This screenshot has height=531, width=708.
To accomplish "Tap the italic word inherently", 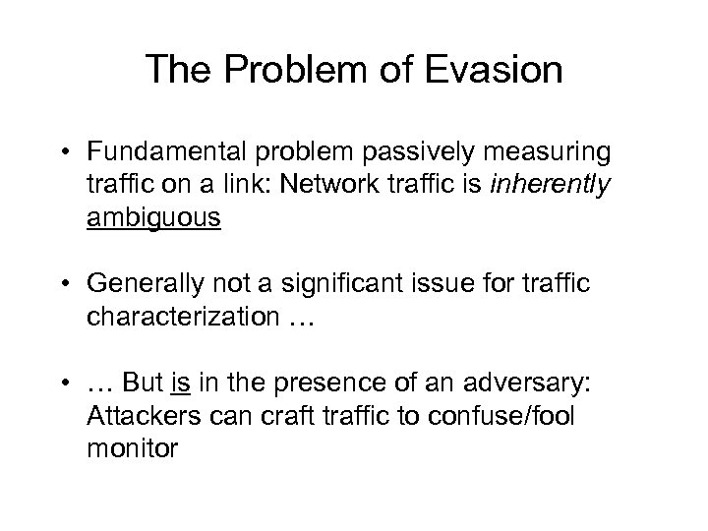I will point(558,184).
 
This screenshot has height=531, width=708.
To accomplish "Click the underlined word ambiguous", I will point(153,215).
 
